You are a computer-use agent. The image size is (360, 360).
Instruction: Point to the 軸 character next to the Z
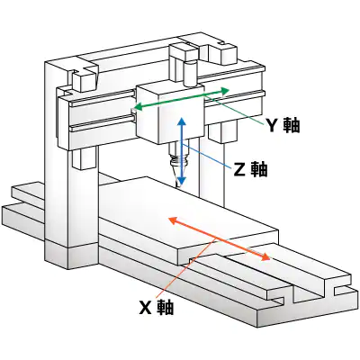tap(259, 168)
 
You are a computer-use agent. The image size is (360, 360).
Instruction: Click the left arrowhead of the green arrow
tap(135, 108)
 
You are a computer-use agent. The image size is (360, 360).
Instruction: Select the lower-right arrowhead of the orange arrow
tap(267, 258)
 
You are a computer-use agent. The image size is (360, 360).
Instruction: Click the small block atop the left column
tap(85, 76)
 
